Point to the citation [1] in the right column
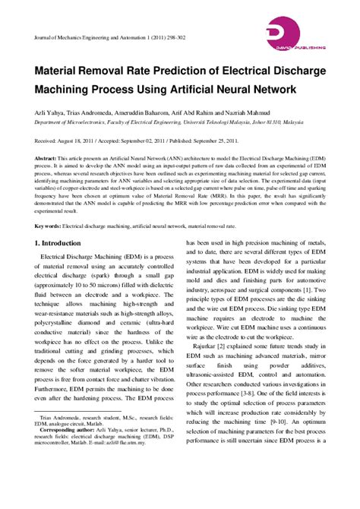[x=305, y=310]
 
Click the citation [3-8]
[x=240, y=396]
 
